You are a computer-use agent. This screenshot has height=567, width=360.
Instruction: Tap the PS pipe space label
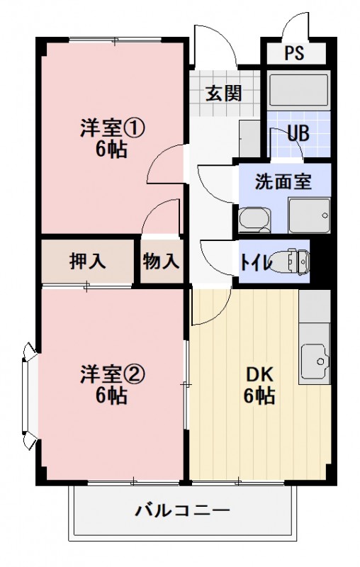(x=296, y=54)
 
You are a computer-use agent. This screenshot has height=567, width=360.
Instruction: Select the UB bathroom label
(x=298, y=133)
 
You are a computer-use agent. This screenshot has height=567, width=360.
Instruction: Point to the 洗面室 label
(x=283, y=181)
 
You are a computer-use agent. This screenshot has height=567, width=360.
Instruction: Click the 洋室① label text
(x=112, y=129)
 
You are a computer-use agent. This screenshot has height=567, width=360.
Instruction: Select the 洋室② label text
(x=112, y=374)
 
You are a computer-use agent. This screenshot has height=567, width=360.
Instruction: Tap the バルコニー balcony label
(x=182, y=510)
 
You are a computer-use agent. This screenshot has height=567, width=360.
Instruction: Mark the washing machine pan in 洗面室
(x=310, y=213)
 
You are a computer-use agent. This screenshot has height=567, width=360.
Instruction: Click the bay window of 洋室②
(x=28, y=396)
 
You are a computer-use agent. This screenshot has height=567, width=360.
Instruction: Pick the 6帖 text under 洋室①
(x=112, y=150)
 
